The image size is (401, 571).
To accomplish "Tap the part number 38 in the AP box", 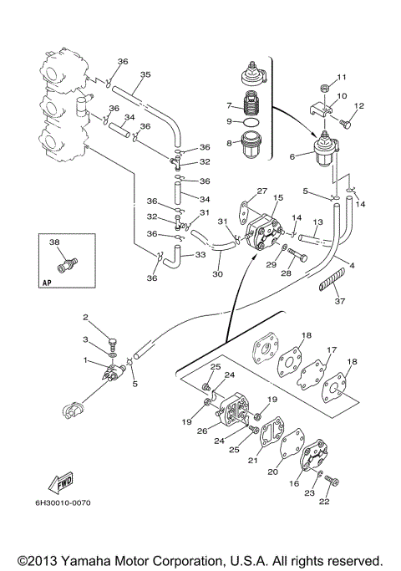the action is point(54,242).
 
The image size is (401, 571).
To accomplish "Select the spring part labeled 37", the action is point(332,279).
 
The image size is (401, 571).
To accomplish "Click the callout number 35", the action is point(145,74).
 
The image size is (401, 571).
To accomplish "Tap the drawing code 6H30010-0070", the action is point(63,503).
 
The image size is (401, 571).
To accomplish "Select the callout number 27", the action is point(262,191).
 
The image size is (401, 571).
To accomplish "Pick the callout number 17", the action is point(332,349).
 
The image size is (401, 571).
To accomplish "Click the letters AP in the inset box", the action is point(47,283).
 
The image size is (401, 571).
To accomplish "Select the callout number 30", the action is point(217,274).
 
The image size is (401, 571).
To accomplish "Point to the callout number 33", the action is point(200,254).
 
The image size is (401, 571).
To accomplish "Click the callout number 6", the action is point(292,157).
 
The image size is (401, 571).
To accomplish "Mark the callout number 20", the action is point(272,472).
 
